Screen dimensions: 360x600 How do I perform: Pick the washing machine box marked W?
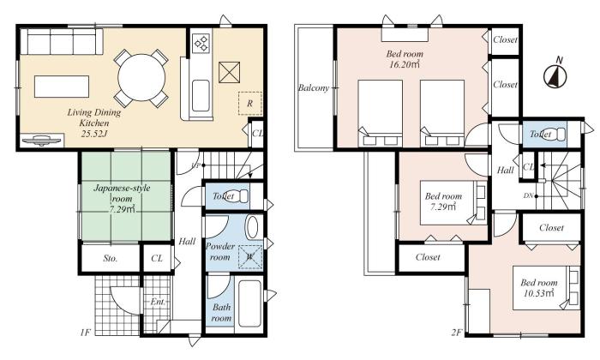point(249,254)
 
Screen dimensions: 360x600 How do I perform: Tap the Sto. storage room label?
point(111,258)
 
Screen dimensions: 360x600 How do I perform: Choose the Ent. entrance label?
point(158,303)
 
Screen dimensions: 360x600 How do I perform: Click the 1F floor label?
point(87,331)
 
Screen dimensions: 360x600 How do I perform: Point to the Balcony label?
point(314,88)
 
